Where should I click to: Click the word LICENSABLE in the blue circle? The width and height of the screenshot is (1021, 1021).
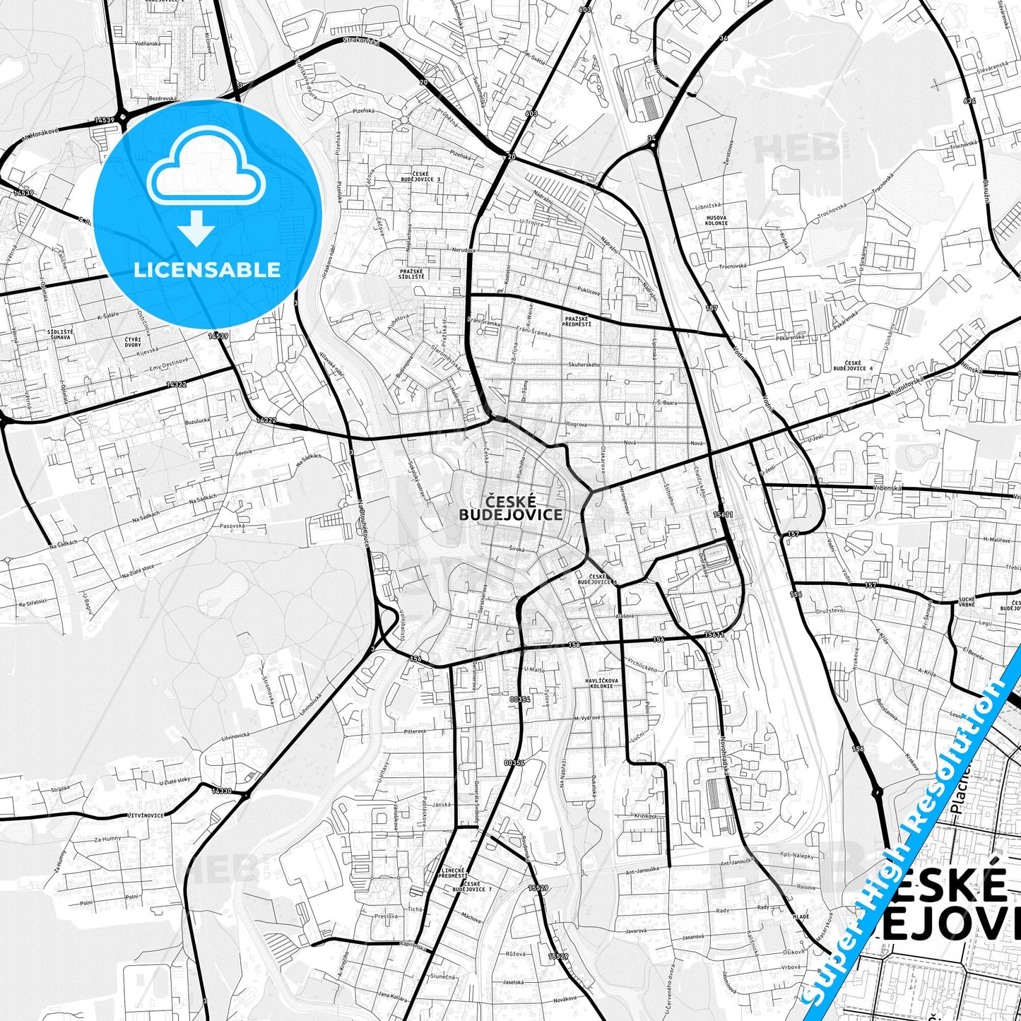[x=207, y=270]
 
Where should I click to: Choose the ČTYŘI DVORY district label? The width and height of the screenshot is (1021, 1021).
[x=132, y=342]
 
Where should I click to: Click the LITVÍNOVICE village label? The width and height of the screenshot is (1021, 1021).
[x=146, y=815]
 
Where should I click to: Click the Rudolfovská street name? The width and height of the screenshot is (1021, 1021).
[x=907, y=385]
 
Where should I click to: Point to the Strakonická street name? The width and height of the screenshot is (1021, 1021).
[x=361, y=42]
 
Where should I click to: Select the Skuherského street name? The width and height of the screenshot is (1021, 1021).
[x=584, y=364]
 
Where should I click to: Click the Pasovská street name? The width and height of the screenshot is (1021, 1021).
[x=232, y=526]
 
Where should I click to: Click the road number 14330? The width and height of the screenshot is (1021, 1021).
[x=221, y=791]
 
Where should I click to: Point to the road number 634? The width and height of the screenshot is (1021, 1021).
[x=974, y=102]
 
